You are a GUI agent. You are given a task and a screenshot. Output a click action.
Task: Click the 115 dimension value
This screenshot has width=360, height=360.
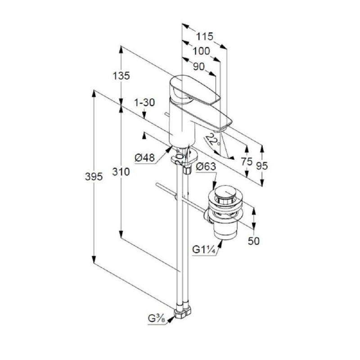tap(205, 36)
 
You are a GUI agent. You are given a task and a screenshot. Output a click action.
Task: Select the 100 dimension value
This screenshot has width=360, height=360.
tap(201, 51)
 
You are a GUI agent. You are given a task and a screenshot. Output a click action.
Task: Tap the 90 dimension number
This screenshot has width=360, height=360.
tap(199, 67)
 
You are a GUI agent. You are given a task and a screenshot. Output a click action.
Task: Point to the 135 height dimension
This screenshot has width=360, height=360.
tap(121, 76)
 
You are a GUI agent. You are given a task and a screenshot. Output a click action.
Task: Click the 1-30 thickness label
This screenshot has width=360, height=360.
tap(144, 103)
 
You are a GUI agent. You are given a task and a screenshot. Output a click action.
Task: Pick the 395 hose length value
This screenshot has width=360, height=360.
tap(94, 177)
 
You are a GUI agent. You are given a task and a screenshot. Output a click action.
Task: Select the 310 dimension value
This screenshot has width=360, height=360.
tap(121, 172)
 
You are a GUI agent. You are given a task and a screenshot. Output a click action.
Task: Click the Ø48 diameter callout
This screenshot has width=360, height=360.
tap(144, 158)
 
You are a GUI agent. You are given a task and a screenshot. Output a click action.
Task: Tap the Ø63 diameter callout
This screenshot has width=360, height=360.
tap(206, 166)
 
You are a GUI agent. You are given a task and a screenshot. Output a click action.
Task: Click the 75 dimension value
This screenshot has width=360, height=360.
tap(247, 162)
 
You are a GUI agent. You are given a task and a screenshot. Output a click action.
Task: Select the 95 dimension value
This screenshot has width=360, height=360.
tap(262, 166)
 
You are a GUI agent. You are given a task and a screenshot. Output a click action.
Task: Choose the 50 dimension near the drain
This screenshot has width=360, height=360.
tap(254, 241)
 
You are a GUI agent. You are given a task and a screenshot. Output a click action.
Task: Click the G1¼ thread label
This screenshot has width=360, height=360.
tap(204, 249)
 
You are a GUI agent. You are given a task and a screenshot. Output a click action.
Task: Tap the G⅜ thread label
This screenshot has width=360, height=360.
tap(157, 319)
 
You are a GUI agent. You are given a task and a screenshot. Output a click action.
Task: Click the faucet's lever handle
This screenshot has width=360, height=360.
tap(194, 91)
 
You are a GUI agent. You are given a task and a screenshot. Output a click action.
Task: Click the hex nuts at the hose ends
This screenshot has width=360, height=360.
tap(183, 312)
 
